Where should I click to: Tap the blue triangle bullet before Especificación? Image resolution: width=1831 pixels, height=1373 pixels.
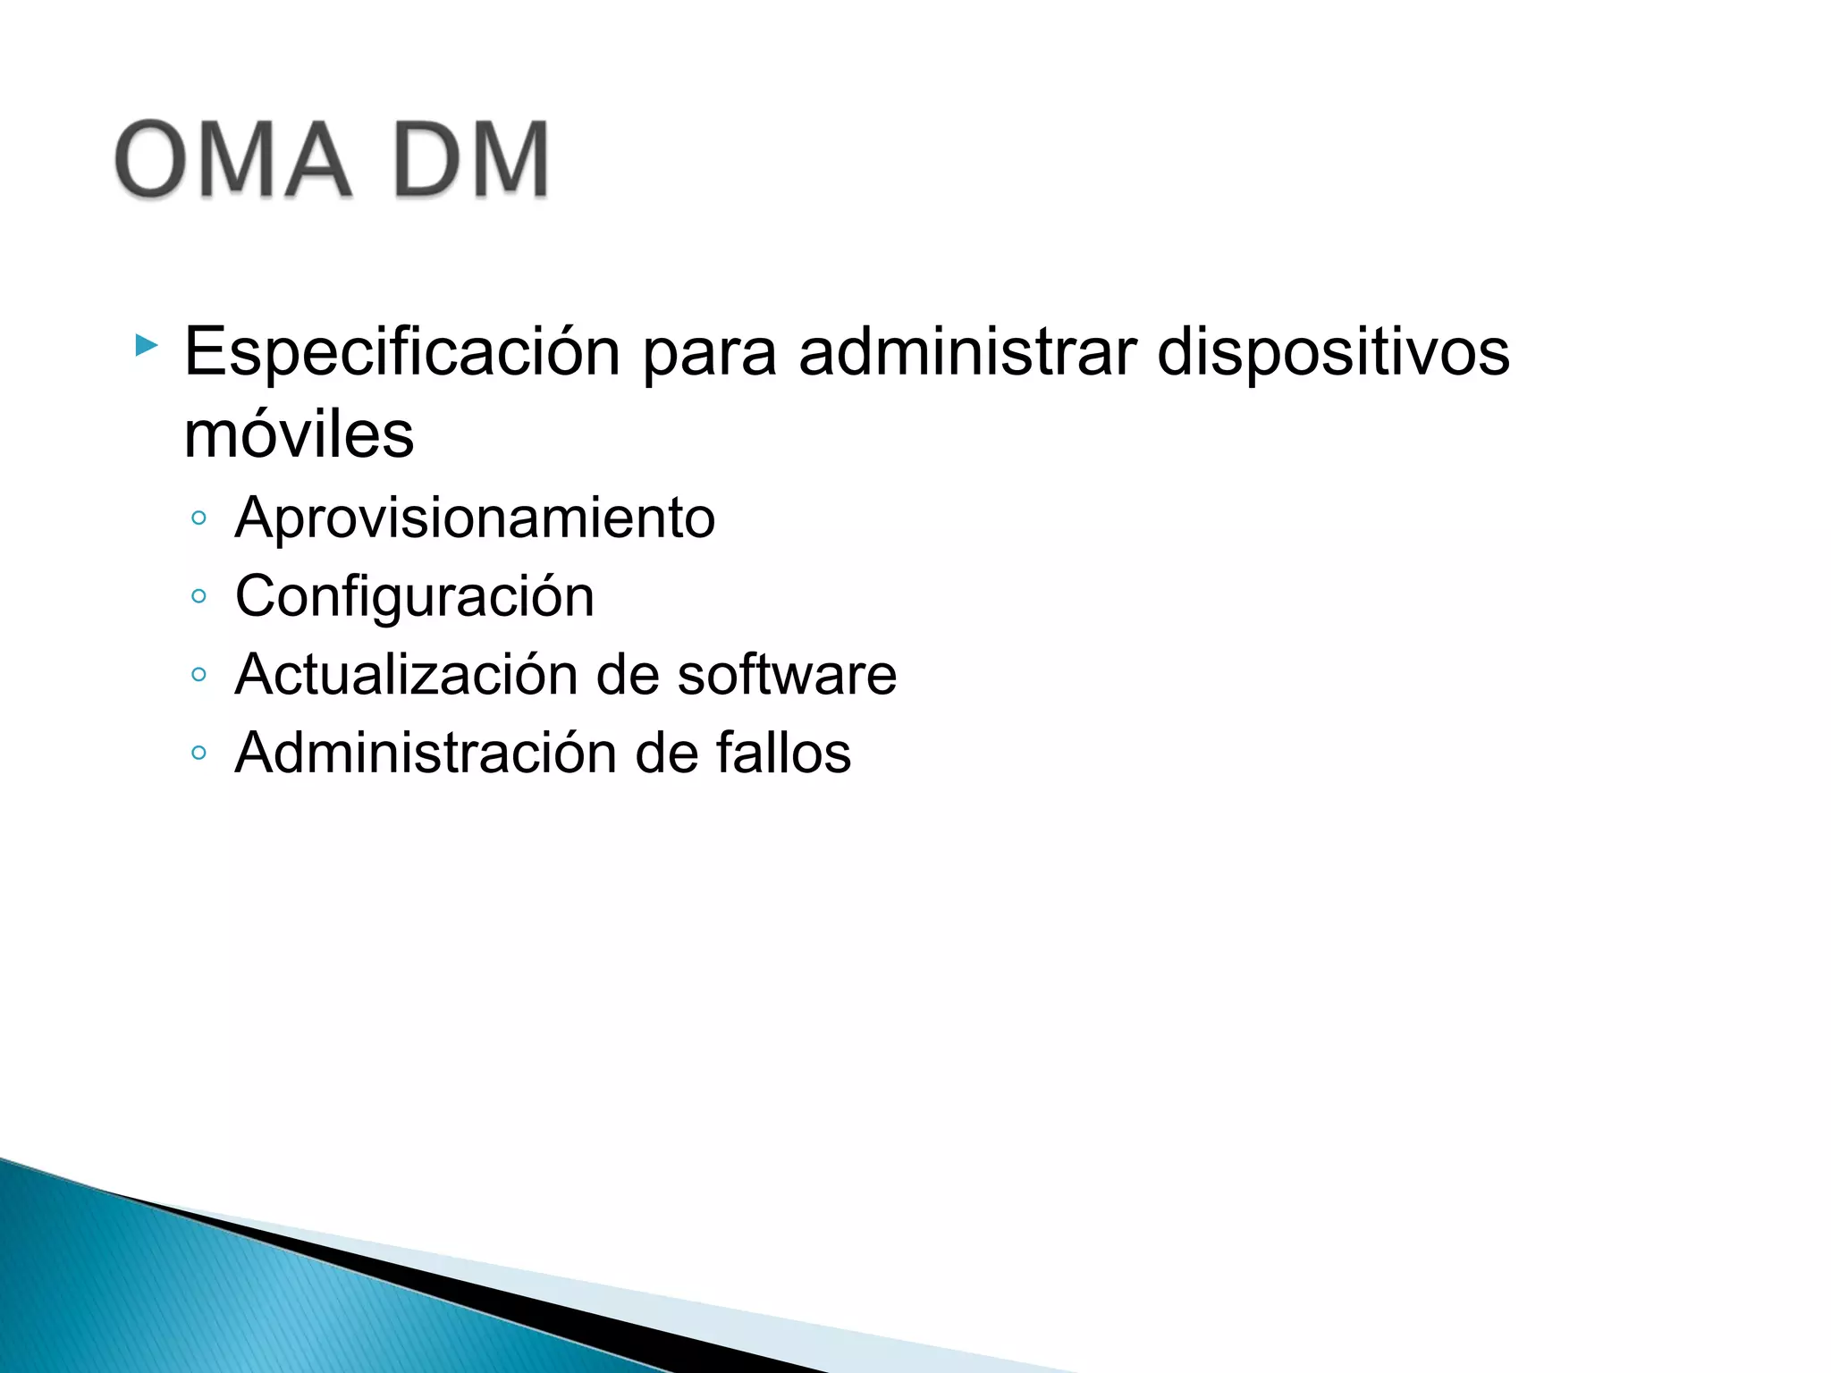pos(146,345)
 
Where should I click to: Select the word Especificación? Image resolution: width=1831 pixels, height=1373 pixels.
pos(402,352)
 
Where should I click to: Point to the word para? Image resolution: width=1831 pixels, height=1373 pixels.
pos(709,352)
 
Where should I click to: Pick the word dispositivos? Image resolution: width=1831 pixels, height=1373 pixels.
pos(1333,352)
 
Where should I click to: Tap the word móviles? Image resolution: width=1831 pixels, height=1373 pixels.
pos(299,435)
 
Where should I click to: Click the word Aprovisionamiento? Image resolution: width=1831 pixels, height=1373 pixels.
pos(475,518)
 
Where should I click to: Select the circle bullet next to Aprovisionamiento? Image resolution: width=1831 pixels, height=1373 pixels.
pos(198,518)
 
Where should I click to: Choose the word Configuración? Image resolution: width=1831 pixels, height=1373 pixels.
pos(414,596)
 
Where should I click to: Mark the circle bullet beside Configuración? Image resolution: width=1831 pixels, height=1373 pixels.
pos(198,596)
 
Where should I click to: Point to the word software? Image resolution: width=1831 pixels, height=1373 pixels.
pos(787,674)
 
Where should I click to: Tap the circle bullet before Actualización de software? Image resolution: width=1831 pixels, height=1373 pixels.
pos(198,674)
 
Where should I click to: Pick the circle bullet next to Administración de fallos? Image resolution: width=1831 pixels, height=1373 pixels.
pos(198,753)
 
